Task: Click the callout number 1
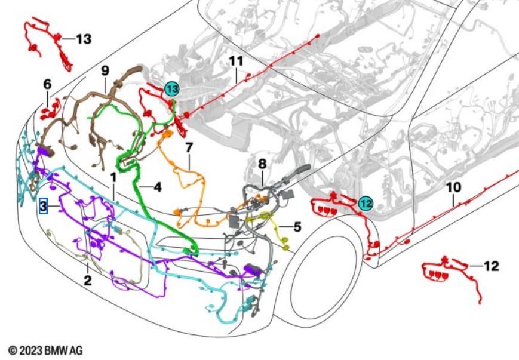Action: [112, 177]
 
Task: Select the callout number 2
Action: [87, 279]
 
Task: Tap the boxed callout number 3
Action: [43, 207]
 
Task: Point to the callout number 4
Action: [157, 187]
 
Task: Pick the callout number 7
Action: [189, 146]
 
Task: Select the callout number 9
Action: [105, 70]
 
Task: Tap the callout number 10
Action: [453, 187]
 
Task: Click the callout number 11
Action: [237, 61]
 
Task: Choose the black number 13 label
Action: [84, 39]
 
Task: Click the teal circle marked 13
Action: [172, 89]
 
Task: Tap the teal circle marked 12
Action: [366, 203]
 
